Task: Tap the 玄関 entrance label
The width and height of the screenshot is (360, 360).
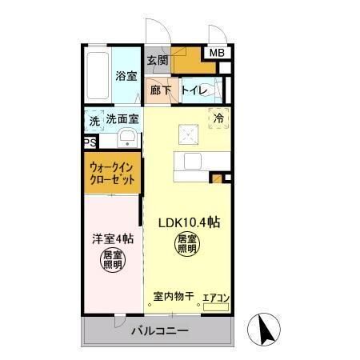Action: (x=158, y=60)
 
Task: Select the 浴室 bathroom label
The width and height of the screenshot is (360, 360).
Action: (x=126, y=76)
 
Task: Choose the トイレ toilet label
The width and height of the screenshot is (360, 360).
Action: (x=194, y=90)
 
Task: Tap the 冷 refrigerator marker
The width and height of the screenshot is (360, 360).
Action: (x=218, y=117)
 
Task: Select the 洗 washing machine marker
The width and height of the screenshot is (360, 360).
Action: (x=95, y=120)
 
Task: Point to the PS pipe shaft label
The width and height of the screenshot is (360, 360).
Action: (x=90, y=142)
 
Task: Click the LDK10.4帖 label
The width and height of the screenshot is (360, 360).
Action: (x=189, y=222)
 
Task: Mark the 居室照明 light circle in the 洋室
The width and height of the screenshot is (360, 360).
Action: (x=112, y=260)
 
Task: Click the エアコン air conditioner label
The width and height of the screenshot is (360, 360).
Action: (x=215, y=298)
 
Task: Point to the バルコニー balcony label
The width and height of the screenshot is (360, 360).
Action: (x=160, y=330)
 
